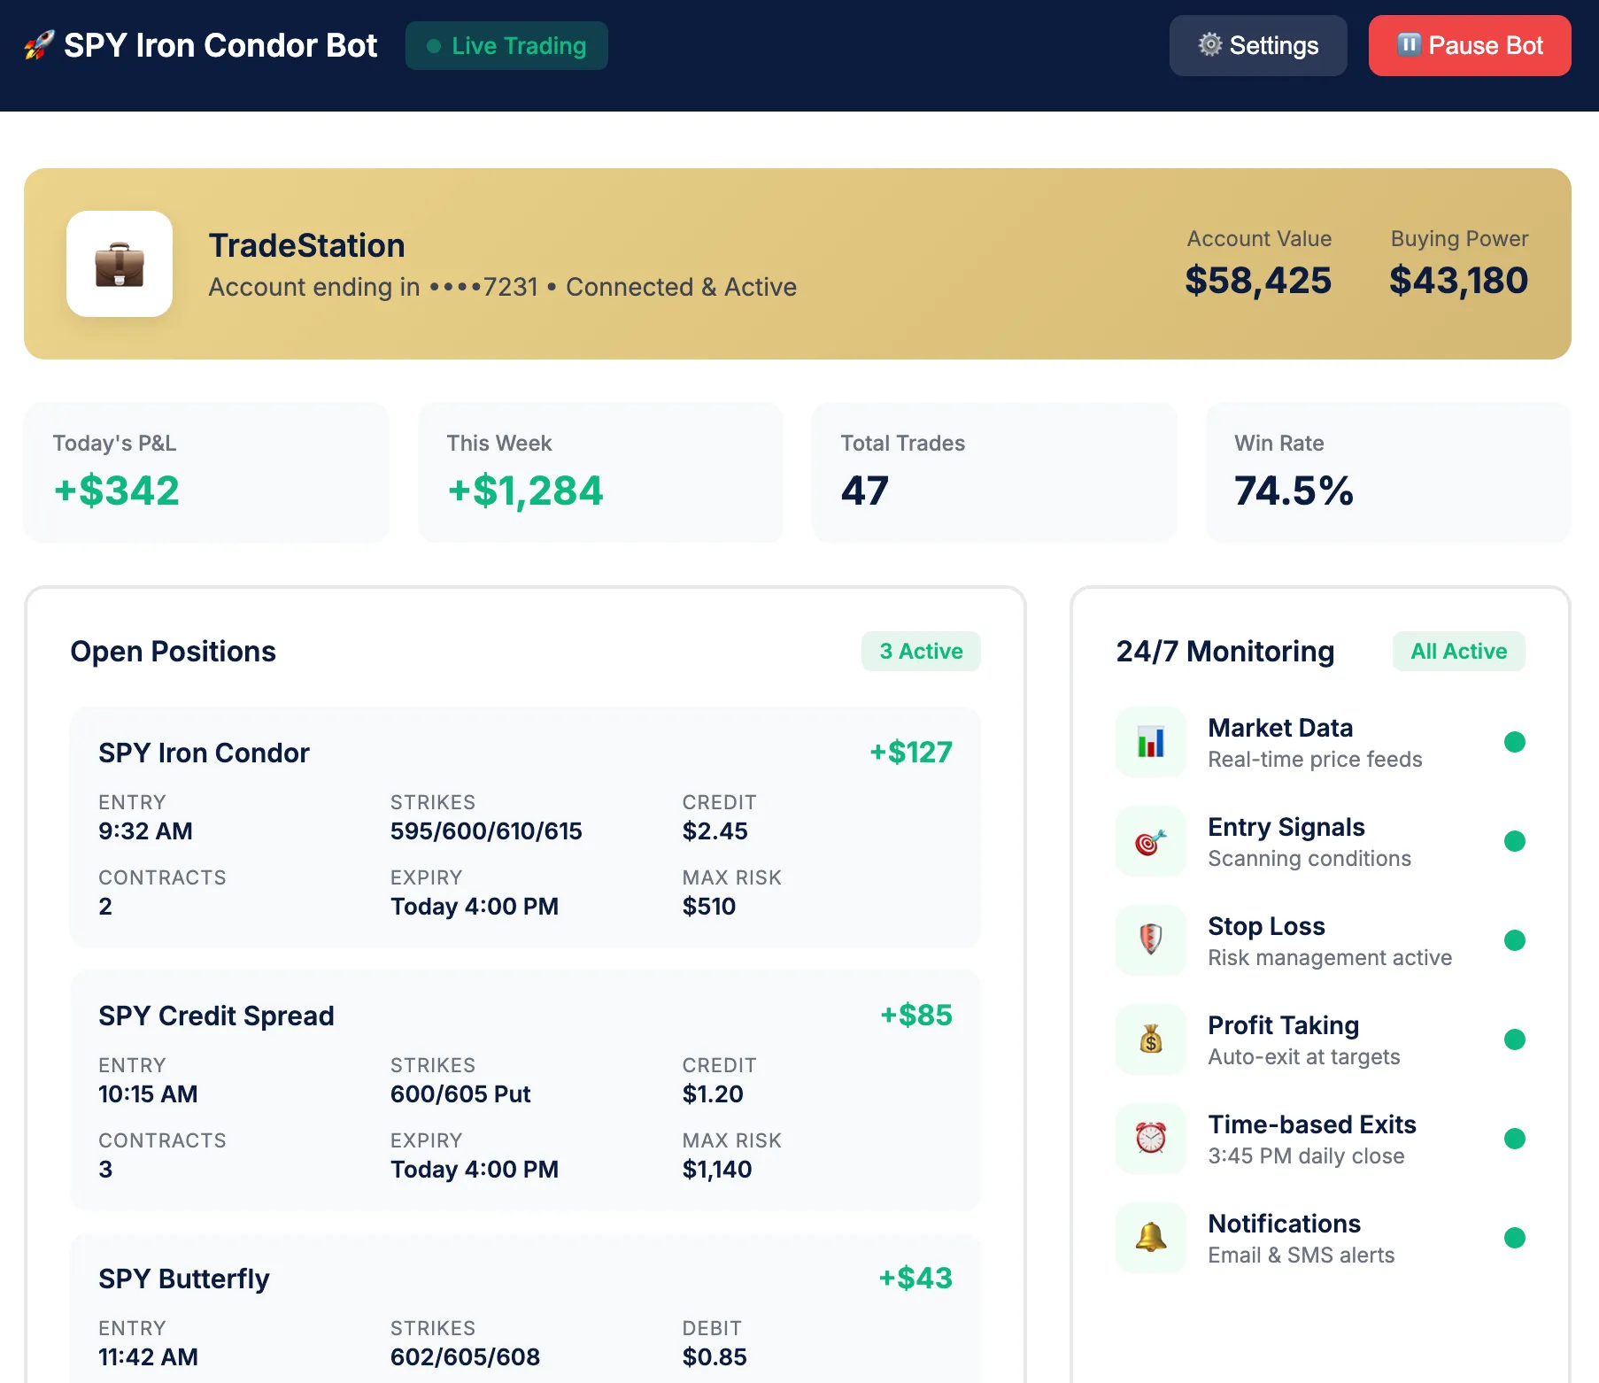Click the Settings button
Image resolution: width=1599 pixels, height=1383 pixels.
1257,46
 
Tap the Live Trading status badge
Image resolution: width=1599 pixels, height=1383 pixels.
506,46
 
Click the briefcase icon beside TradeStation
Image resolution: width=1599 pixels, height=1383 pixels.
120,264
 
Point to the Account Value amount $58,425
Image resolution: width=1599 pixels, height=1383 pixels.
1257,281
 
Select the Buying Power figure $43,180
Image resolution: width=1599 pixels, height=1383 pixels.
1458,281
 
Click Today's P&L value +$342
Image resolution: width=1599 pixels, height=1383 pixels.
117,491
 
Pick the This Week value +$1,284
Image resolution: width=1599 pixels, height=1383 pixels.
525,491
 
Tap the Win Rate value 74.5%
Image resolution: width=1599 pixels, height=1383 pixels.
1294,491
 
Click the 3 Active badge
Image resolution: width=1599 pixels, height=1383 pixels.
921,652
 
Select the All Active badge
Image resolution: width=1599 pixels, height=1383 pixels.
1458,652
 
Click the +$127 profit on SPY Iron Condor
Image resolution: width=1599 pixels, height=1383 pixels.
910,753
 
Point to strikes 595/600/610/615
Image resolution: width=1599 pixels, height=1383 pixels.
486,831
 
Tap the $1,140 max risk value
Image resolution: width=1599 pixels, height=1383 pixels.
717,1170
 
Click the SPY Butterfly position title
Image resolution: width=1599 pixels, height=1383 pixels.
184,1279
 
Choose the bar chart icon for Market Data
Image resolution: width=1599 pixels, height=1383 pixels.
1151,742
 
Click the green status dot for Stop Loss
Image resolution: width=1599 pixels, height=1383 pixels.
1514,940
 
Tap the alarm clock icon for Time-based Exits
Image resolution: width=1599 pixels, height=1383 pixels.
1151,1139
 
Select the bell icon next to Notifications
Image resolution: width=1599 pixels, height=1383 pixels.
1151,1238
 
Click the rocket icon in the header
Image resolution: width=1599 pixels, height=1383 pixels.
39,45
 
